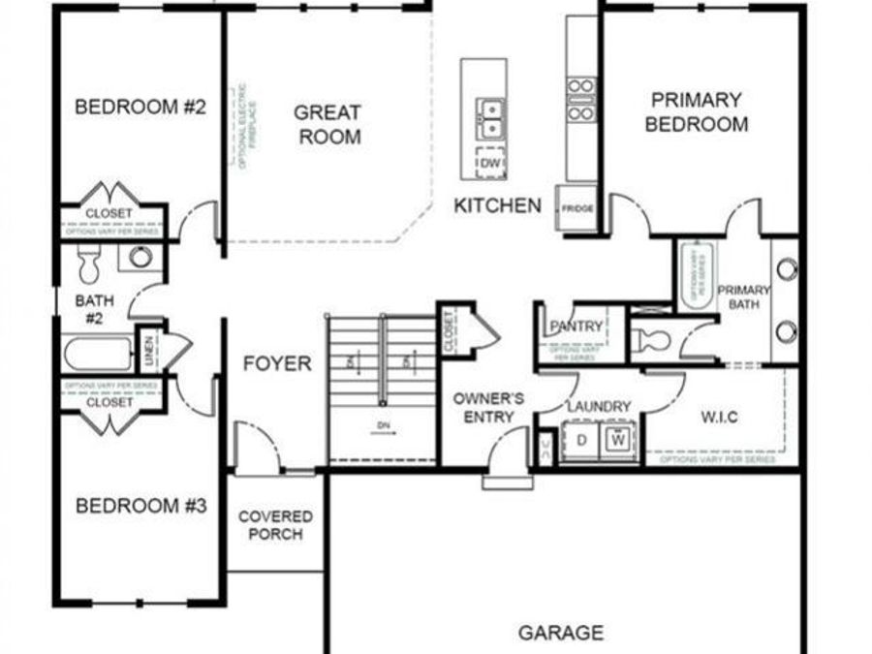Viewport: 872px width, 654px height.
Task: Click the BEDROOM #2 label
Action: point(140,107)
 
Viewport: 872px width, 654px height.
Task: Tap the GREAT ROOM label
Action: point(328,125)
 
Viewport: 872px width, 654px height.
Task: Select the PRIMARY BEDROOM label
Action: point(696,111)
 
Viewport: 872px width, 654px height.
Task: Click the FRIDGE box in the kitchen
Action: point(576,208)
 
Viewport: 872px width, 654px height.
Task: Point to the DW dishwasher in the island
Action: point(490,165)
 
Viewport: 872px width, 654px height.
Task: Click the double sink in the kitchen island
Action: point(489,117)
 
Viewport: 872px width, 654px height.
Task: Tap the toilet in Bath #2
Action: point(89,261)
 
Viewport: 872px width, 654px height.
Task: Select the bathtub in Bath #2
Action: point(98,353)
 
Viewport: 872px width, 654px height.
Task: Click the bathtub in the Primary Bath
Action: point(696,276)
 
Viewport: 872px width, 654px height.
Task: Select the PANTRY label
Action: point(576,327)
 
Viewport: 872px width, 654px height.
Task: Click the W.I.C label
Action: point(719,417)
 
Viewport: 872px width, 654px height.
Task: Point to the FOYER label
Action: point(277,363)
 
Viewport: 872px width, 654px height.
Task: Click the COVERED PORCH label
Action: point(275,525)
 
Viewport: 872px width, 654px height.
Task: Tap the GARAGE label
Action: point(561,633)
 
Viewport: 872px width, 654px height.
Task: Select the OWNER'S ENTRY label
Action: point(489,407)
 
